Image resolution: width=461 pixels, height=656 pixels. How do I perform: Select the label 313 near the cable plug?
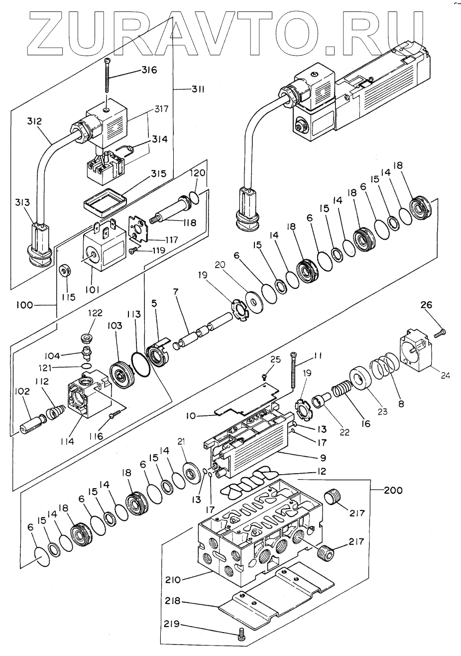tap(23, 203)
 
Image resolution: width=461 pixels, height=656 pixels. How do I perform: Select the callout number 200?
tap(393, 490)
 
